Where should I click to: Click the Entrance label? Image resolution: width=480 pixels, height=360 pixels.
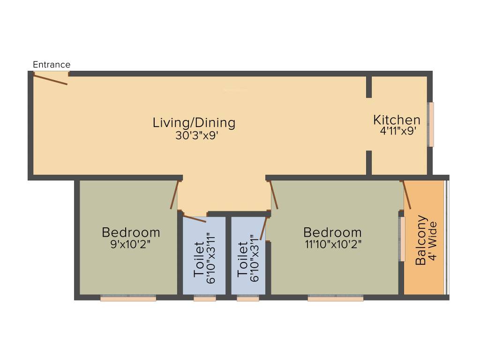52,65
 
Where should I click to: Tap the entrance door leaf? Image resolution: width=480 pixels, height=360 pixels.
50,79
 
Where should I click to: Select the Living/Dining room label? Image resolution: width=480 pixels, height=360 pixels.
194,123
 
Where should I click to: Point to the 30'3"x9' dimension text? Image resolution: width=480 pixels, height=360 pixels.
194,135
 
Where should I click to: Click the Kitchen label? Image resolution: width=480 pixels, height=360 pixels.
397,120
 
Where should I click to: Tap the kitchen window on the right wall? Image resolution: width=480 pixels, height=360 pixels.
431,124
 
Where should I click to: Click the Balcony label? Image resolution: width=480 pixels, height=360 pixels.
421,240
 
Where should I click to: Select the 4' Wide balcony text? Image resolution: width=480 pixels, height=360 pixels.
433,242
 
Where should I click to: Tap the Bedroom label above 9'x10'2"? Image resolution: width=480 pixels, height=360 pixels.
131,232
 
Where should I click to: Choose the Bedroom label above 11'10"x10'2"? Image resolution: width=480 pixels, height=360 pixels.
332,232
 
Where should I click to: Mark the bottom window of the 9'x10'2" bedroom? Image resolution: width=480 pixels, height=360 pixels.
128,298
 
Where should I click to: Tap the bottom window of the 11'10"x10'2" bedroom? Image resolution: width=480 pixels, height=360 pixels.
335,298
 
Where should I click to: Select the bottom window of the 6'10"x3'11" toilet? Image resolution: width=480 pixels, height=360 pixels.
204,298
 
